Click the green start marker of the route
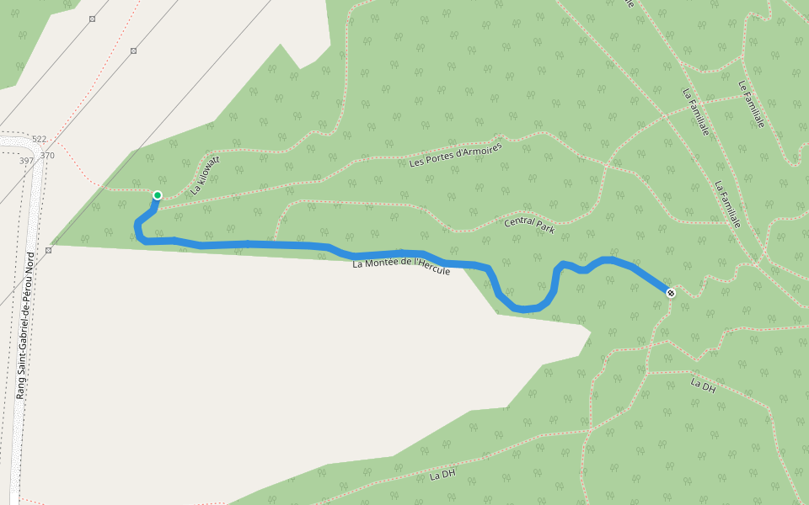pyautogui.click(x=157, y=195)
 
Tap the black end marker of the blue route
pyautogui.click(x=670, y=293)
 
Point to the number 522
pyautogui.click(x=39, y=139)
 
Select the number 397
pyautogui.click(x=25, y=161)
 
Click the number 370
pyautogui.click(x=47, y=156)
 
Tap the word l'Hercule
pyautogui.click(x=431, y=268)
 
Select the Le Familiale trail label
pyautogui.click(x=750, y=104)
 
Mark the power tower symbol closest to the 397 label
pyautogui.click(x=49, y=250)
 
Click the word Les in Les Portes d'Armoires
pyautogui.click(x=416, y=162)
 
